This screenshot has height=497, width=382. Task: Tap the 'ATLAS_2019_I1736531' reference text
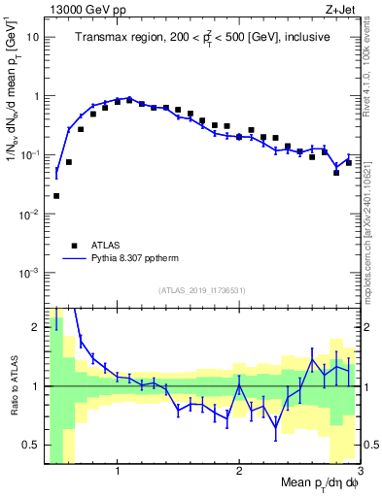pyautogui.click(x=202, y=290)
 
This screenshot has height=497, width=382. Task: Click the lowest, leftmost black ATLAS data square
pyautogui.click(x=56, y=195)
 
